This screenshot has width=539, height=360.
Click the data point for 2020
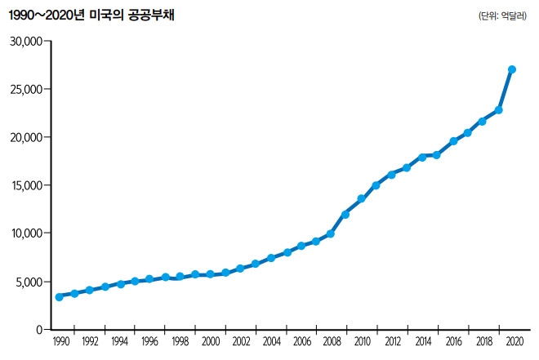[512, 69]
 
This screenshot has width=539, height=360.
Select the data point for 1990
[59, 297]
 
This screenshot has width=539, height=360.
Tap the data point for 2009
[345, 215]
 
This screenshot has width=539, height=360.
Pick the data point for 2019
[498, 110]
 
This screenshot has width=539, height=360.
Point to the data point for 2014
[422, 156]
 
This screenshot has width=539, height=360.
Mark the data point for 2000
[210, 274]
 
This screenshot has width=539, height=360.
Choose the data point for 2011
[376, 185]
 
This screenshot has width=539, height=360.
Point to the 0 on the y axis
[38, 329]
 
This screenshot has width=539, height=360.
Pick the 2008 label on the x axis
[331, 342]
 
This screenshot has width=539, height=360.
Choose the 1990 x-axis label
[60, 342]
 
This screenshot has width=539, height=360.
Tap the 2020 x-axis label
[514, 342]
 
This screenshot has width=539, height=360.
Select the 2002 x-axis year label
[240, 342]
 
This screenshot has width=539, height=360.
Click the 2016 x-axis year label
[452, 342]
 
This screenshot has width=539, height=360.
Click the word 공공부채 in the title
[158, 15]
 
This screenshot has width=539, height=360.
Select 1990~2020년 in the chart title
[43, 15]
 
